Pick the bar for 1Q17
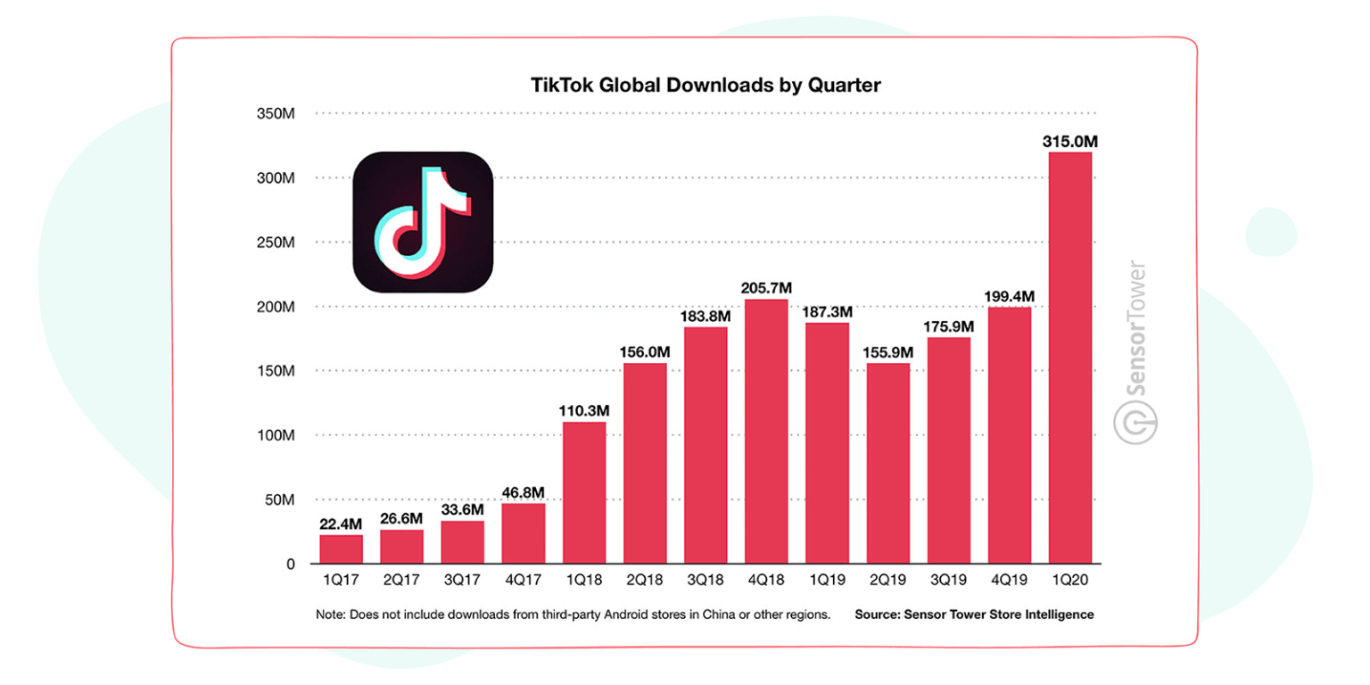pos(341,549)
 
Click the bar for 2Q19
pos(886,464)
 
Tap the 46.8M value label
pos(523,492)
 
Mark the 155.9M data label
pos(886,352)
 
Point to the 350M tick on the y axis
pos(276,114)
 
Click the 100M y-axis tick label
pos(276,435)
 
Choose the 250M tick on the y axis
pos(276,243)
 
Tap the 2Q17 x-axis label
pos(401,581)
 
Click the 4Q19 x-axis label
pos(1007,581)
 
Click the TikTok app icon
pos(423,222)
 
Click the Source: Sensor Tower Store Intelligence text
pos(974,615)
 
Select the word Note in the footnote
pos(329,615)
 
